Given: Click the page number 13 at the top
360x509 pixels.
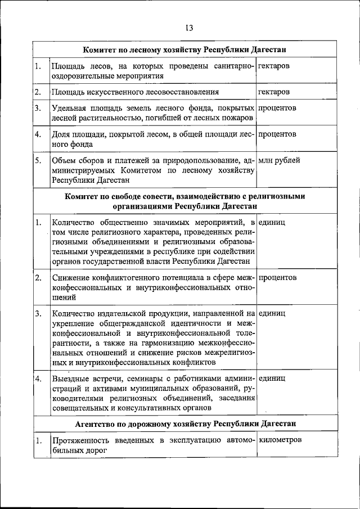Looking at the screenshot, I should click(x=188, y=28).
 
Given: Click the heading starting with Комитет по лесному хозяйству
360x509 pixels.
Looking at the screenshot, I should click(x=188, y=49).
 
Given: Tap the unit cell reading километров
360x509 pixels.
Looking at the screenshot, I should click(x=281, y=439).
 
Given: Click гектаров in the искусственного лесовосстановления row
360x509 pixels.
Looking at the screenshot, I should click(x=274, y=91).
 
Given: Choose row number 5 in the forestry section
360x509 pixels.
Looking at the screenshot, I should click(x=38, y=160).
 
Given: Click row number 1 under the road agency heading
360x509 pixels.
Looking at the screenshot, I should click(x=38, y=440).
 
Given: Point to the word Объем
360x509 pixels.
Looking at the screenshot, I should click(x=64, y=160).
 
